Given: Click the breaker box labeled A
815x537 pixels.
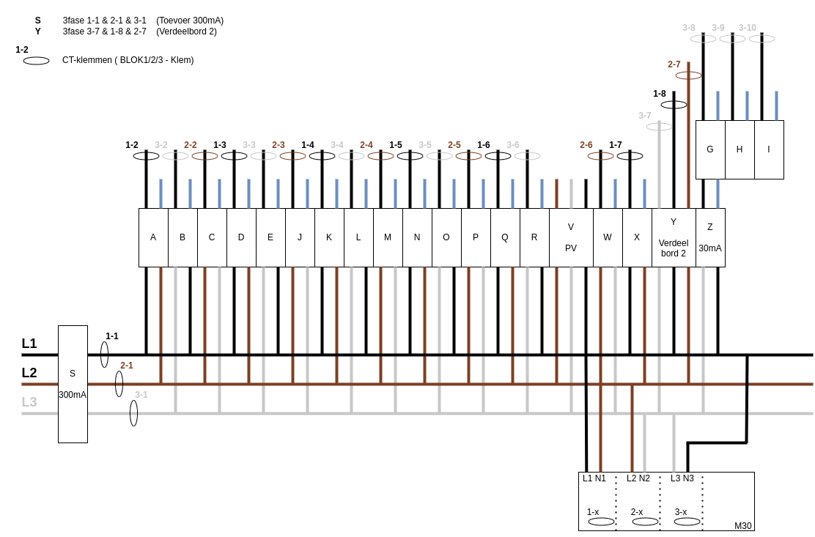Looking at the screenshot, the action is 153,237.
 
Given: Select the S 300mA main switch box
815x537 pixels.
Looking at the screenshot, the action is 73,385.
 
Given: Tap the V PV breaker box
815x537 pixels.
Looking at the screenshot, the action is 571,237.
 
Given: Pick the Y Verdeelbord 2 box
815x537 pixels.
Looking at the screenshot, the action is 674,237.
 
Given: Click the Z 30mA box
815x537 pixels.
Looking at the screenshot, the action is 710,237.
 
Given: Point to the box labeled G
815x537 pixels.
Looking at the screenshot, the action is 710,149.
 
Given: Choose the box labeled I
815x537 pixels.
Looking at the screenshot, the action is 770,149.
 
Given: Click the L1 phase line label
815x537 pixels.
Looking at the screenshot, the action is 29,344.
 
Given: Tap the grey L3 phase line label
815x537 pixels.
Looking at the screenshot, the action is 29,402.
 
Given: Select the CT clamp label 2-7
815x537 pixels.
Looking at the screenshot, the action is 674,64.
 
